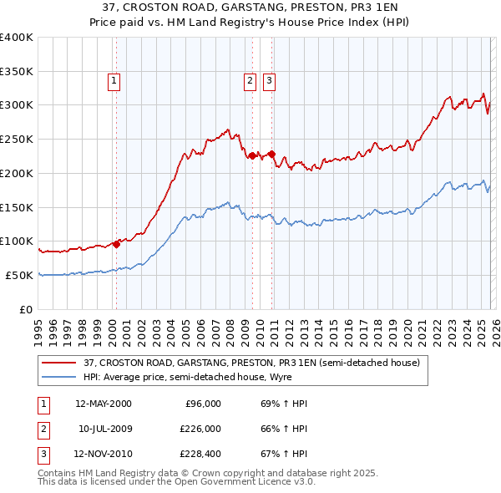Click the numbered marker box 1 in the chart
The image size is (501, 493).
pyautogui.click(x=114, y=81)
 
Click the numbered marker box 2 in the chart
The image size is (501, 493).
pyautogui.click(x=250, y=81)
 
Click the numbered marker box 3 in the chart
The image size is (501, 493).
pyautogui.click(x=270, y=81)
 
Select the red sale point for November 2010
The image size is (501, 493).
pyautogui.click(x=271, y=154)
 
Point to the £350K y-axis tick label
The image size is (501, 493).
pyautogui.click(x=17, y=71)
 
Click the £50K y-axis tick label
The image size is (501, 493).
pyautogui.click(x=20, y=275)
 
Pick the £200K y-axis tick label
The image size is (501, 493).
pyautogui.click(x=17, y=173)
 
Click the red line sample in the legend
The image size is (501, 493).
pyautogui.click(x=58, y=363)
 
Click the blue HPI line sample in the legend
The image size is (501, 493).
pyautogui.click(x=58, y=377)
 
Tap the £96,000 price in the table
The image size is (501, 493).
pyautogui.click(x=203, y=404)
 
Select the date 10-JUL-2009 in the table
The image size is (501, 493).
pyautogui.click(x=105, y=429)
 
